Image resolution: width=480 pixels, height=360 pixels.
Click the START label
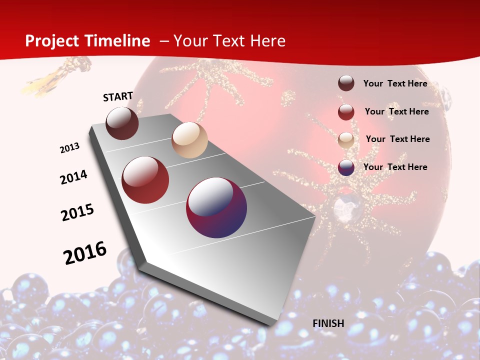[118, 96]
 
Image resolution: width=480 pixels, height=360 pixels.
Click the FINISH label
[328, 323]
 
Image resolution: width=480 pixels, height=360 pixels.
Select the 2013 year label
[69, 148]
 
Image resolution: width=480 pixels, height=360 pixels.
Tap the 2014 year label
[74, 177]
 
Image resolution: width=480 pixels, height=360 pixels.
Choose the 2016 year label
[85, 253]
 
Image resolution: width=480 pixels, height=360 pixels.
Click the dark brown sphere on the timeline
[122, 123]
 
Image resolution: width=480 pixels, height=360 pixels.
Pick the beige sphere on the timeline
[189, 140]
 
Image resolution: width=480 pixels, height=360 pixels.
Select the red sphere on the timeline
[145, 180]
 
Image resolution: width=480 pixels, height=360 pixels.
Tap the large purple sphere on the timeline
[216, 207]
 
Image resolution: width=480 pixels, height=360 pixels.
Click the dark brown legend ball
[346, 83]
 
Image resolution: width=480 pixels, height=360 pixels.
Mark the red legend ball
[346, 111]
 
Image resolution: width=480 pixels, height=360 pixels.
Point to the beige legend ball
[346, 139]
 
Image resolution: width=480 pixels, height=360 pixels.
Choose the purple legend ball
[346, 167]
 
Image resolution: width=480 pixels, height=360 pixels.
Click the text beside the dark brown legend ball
[395, 83]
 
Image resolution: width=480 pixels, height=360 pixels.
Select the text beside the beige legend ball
[397, 139]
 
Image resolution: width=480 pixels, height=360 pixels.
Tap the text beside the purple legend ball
[395, 167]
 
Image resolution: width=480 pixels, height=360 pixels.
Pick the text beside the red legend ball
[396, 111]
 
